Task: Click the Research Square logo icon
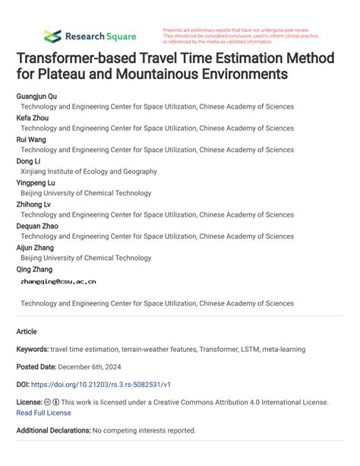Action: coord(52,36)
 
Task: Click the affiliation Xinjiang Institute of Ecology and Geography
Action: coord(89,172)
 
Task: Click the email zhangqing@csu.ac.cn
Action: coord(58,281)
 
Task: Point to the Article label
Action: coord(27,332)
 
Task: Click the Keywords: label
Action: coord(32,350)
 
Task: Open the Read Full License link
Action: coord(43,413)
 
